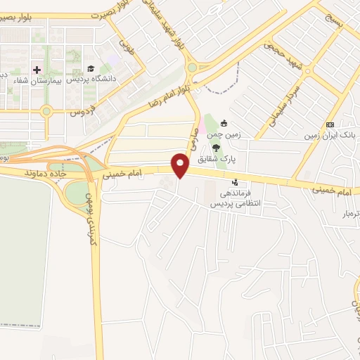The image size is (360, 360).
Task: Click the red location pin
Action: (181, 166)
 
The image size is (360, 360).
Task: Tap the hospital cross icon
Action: (36, 70)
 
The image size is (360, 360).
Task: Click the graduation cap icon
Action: (90, 69)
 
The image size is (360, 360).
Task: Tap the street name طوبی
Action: (126, 47)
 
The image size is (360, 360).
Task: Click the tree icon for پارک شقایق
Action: (215, 148)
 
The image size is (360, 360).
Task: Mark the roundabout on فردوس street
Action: (46, 111)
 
